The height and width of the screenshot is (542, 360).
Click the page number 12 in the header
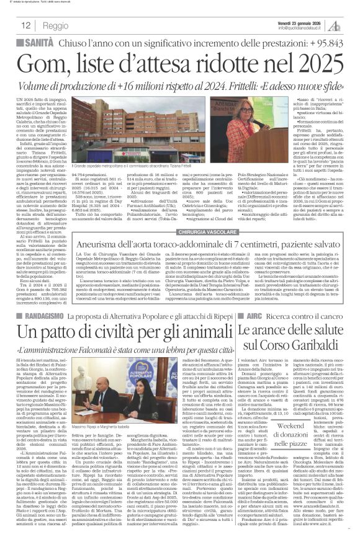[x=26, y=25]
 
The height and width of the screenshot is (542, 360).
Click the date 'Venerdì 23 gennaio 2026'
[x=294, y=22]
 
